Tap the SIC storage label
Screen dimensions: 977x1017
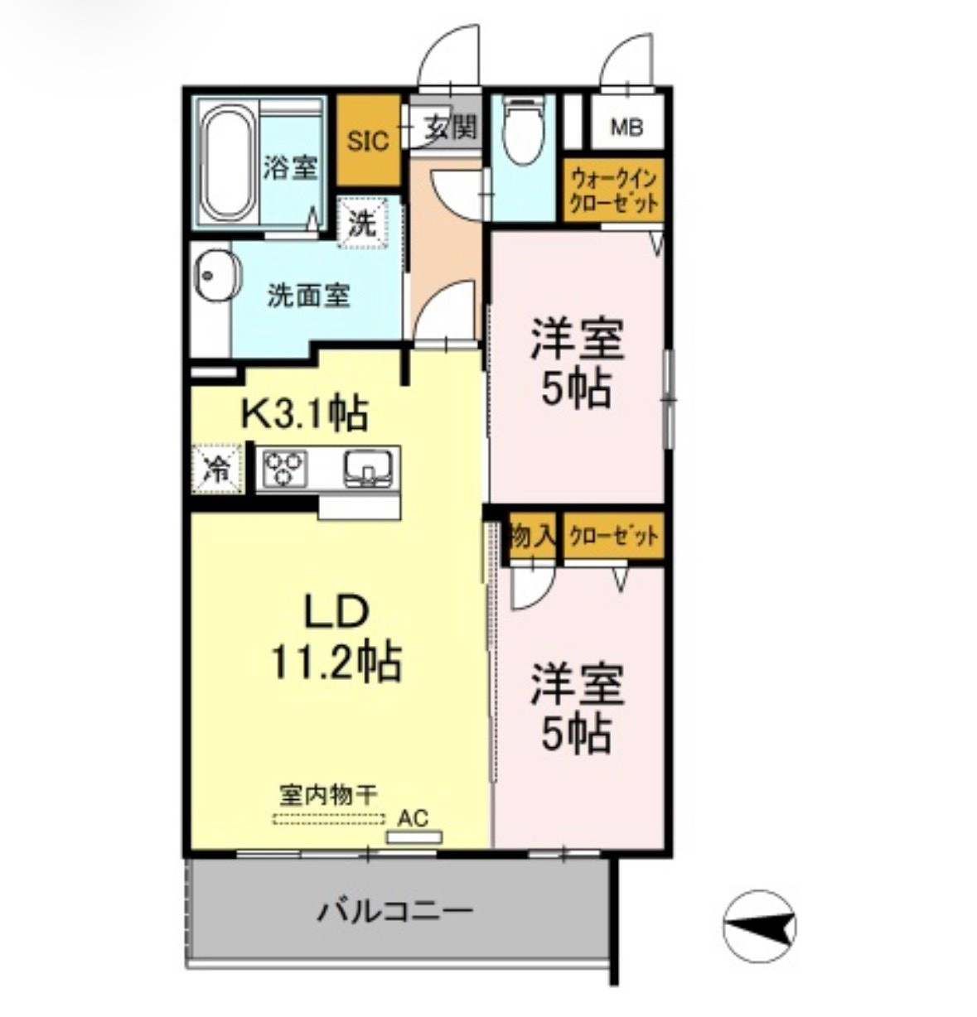(x=369, y=141)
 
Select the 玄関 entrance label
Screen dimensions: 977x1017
(x=451, y=128)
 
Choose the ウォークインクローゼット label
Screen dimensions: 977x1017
(x=613, y=191)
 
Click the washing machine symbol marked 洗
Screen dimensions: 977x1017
(x=363, y=222)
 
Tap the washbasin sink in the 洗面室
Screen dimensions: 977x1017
(x=218, y=276)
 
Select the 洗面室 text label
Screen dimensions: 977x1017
(x=308, y=296)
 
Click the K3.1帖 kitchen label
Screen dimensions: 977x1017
(x=305, y=413)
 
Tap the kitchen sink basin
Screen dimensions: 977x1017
(x=367, y=468)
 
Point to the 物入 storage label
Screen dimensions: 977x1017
(x=533, y=536)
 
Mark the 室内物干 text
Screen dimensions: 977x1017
(x=328, y=796)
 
